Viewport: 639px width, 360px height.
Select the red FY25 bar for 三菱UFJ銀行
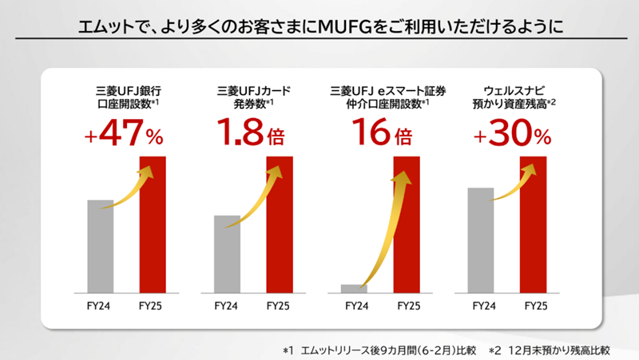(153, 225)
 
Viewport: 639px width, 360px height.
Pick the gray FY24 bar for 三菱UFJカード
(227, 254)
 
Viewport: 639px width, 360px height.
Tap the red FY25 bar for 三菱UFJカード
(280, 225)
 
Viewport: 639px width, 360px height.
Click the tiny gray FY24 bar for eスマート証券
(354, 288)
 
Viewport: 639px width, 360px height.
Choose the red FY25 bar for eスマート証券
(407, 225)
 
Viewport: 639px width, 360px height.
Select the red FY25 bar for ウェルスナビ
(533, 225)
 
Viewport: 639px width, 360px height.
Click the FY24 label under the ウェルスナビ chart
(481, 306)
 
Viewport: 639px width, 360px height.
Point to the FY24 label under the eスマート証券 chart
(354, 306)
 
